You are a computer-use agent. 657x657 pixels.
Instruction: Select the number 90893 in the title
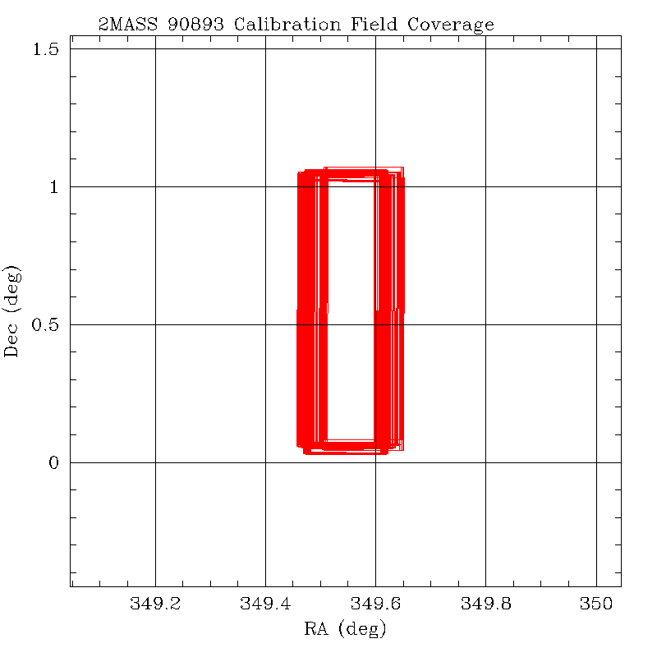pyautogui.click(x=196, y=24)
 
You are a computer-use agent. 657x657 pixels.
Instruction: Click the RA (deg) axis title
pyautogui.click(x=345, y=630)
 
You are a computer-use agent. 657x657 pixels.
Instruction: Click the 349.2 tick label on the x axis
pyautogui.click(x=155, y=605)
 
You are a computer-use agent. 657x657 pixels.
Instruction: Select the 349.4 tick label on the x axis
pyautogui.click(x=265, y=605)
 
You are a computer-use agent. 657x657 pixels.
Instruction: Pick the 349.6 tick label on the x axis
pyautogui.click(x=375, y=605)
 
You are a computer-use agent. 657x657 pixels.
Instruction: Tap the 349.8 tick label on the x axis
pyautogui.click(x=485, y=605)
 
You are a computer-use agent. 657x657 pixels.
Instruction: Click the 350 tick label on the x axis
pyautogui.click(x=595, y=605)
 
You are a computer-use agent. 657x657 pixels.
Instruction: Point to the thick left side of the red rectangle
pyautogui.click(x=312, y=312)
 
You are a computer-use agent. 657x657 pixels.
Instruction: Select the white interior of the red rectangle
pyautogui.click(x=351, y=312)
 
